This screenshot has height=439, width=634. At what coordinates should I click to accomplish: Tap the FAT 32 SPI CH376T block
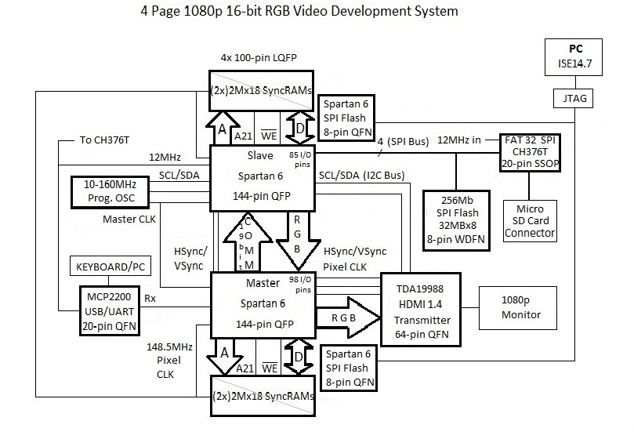[532, 152]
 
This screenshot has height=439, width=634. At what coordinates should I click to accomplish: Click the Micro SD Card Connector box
[531, 221]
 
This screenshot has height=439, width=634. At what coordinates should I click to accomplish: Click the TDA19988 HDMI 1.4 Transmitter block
[422, 309]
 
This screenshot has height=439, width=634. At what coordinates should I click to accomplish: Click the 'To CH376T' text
[107, 141]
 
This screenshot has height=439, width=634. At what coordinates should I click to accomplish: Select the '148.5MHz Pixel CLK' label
[163, 360]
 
